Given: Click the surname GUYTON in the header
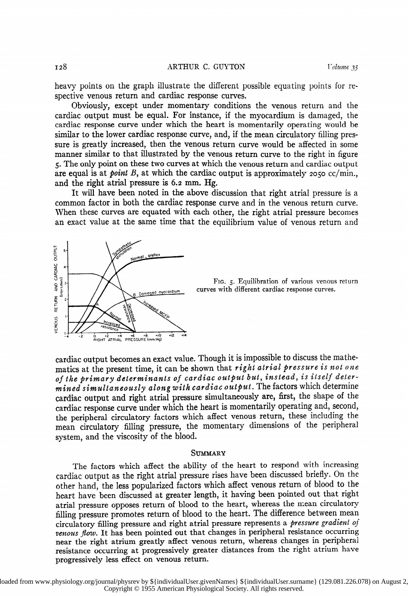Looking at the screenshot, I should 229,67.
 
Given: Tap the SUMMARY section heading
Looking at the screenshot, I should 208,453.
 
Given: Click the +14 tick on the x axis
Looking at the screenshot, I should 184,336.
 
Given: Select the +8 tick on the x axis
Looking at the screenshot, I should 145,336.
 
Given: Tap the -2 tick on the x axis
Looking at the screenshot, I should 81,336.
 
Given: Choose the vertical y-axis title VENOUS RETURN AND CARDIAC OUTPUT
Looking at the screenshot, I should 55,289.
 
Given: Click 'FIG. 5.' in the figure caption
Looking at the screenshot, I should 223,282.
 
